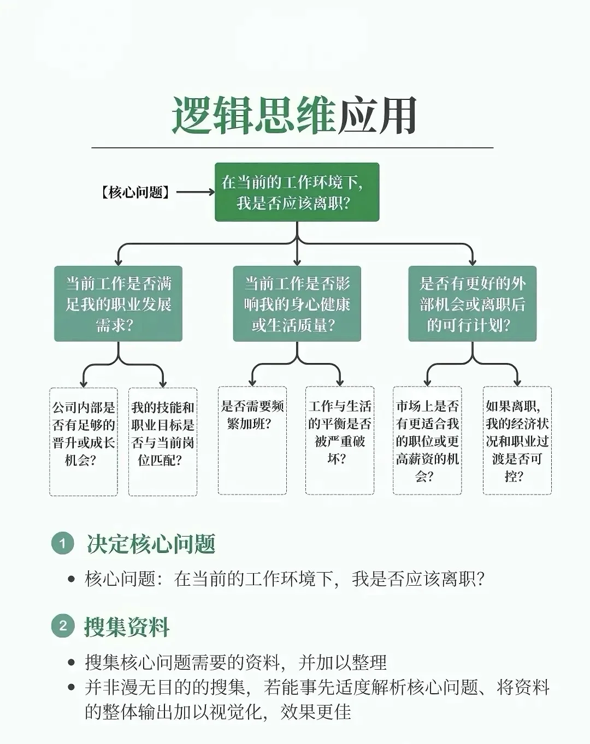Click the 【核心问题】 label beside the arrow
click(x=135, y=192)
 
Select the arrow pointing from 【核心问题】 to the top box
click(x=196, y=192)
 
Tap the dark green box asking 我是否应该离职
click(x=297, y=192)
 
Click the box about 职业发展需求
click(x=119, y=304)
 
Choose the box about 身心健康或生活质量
click(x=297, y=304)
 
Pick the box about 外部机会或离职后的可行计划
click(x=473, y=304)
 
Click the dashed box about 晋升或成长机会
click(x=84, y=442)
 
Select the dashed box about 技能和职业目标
click(x=163, y=442)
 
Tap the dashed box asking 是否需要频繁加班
click(x=252, y=441)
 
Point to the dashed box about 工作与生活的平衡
click(x=340, y=441)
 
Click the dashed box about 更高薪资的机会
click(x=427, y=441)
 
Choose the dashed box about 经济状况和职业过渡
click(x=517, y=441)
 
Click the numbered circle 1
click(x=63, y=543)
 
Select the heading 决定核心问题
click(x=151, y=544)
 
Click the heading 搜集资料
click(x=127, y=627)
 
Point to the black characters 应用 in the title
click(x=377, y=116)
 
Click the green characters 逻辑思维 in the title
click(x=255, y=116)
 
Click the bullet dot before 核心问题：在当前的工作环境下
click(x=72, y=579)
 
